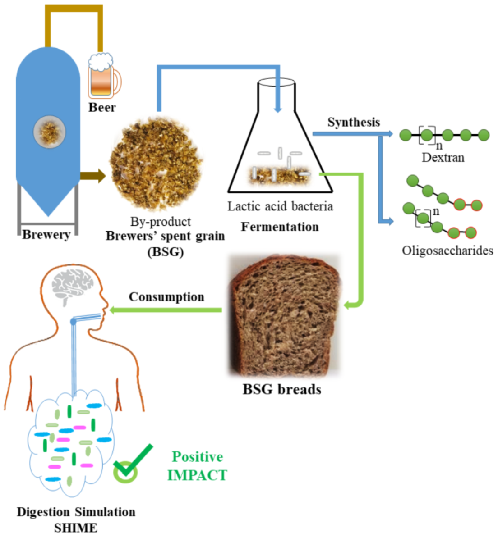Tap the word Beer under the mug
click(x=102, y=107)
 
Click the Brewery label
click(x=46, y=235)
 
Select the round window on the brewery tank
click(x=49, y=132)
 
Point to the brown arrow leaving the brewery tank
click(x=92, y=176)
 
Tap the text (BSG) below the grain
click(x=166, y=251)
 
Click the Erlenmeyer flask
click(x=279, y=144)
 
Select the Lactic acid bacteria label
click(x=280, y=206)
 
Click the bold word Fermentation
click(x=280, y=227)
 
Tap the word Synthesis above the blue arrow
click(x=354, y=122)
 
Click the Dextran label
click(x=443, y=157)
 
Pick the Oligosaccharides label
click(x=447, y=251)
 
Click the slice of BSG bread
click(x=284, y=315)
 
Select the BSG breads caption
click(x=282, y=389)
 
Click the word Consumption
click(x=166, y=297)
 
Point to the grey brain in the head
click(x=72, y=284)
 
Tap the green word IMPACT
click(x=197, y=475)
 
